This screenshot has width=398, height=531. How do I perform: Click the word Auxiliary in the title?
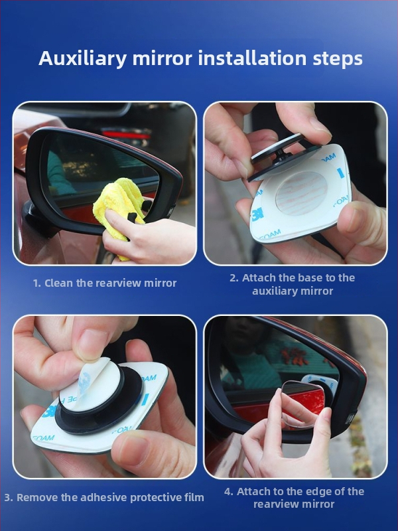[x=82, y=58]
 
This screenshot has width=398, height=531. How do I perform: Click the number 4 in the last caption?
[x=228, y=491]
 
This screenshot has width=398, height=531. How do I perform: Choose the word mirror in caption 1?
[x=161, y=283]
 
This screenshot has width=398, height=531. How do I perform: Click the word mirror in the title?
[x=162, y=58]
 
